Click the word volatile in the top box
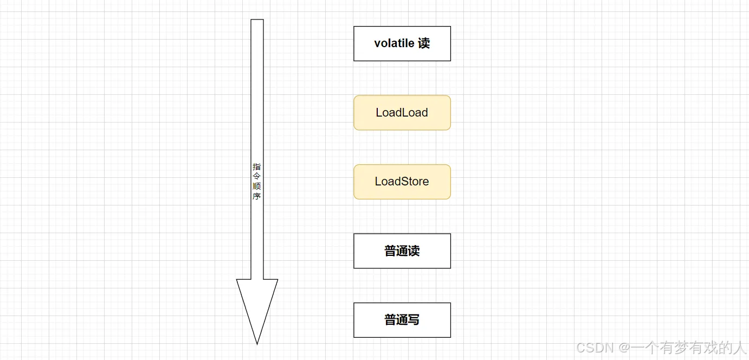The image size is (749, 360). pos(394,43)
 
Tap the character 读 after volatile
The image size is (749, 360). pos(424,43)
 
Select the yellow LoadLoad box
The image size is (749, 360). pos(402,113)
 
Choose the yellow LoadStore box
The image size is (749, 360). pos(402,182)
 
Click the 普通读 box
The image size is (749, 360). pos(402,251)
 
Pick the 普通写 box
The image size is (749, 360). pos(402,320)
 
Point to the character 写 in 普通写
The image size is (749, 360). pos(414,320)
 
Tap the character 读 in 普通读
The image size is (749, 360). pos(414,251)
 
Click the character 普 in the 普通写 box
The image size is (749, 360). pos(390,320)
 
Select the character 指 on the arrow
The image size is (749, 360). pos(257,167)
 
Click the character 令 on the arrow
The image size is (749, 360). pos(257,177)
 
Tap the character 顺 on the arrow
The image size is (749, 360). pos(257,187)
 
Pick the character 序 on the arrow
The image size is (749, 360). pos(257,196)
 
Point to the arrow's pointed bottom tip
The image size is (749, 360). pos(257,343)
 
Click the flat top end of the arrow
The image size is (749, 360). pos(257,21)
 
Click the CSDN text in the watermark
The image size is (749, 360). pos(595,348)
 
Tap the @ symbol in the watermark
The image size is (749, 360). pos(624,348)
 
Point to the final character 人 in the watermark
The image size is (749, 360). pos(739,348)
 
